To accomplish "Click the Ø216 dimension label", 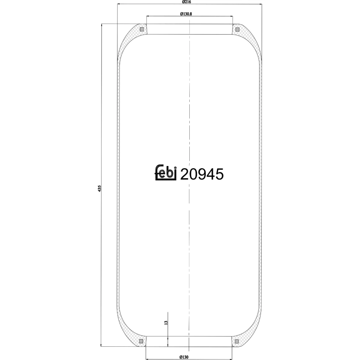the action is click(186, 2).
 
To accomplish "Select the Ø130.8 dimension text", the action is click(186, 14).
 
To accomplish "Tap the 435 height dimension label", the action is click(99, 188).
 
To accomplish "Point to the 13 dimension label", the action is click(166, 323).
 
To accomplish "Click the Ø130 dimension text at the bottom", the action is click(184, 357).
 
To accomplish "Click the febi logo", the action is click(166, 172).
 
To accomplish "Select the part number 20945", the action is click(202, 174).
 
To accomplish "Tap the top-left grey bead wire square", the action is click(141, 30).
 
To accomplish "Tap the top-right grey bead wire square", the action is click(237, 30).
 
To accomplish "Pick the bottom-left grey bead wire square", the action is click(141, 341).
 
